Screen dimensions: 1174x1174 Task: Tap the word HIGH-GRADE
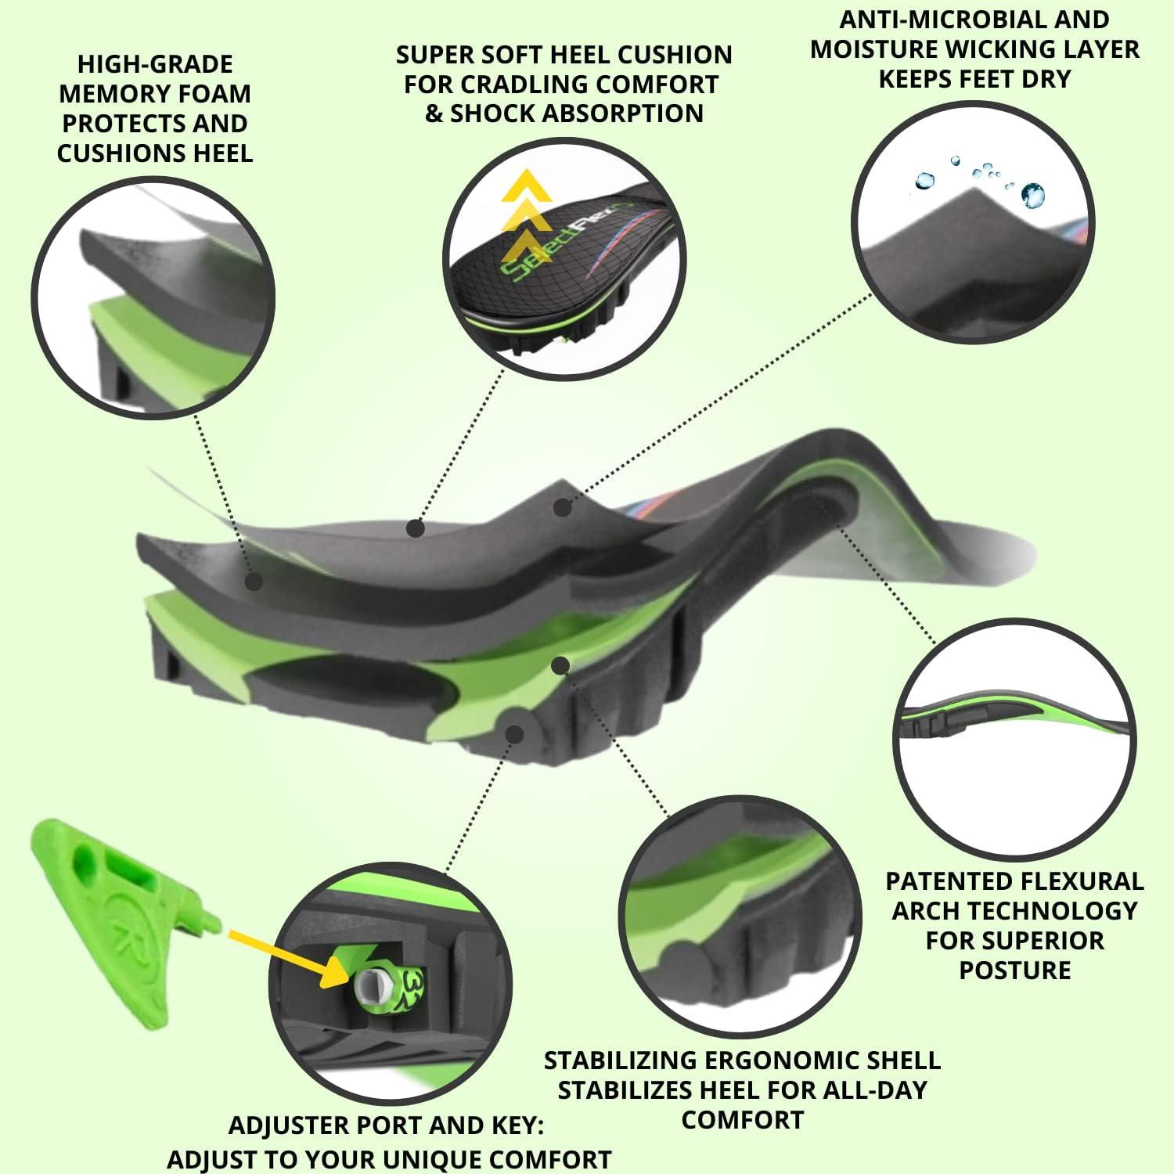tap(155, 64)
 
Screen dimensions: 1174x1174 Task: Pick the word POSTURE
tap(1014, 971)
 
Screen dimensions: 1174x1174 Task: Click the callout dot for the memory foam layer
tap(253, 582)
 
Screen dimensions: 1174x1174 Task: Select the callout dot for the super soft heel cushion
tap(416, 529)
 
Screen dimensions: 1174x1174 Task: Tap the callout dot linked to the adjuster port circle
tap(514, 733)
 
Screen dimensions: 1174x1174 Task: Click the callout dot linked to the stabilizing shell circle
tap(560, 665)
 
